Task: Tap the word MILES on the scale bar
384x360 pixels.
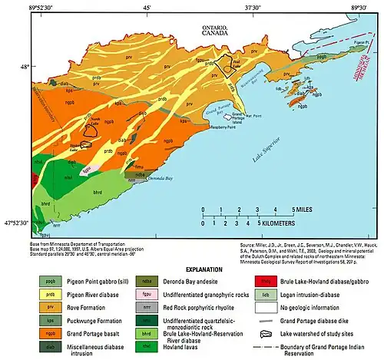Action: pos(304,209)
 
